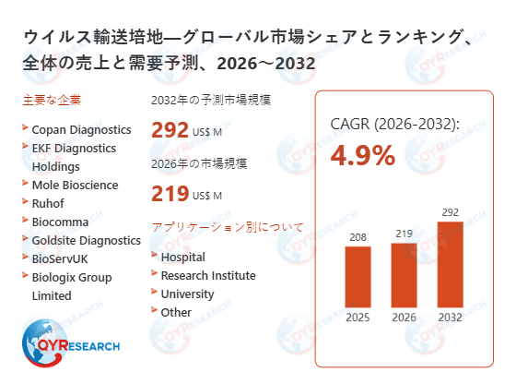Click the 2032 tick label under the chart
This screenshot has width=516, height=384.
pos(449,318)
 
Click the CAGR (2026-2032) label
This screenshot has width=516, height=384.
pos(394,124)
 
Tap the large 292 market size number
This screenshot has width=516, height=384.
pos(170,131)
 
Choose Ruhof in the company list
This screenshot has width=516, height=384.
pos(49,203)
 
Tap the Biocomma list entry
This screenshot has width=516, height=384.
pos(61,222)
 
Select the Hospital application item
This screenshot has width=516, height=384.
pos(182,257)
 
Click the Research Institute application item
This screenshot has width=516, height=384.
pos(207,275)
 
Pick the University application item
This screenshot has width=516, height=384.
pos(187,294)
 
